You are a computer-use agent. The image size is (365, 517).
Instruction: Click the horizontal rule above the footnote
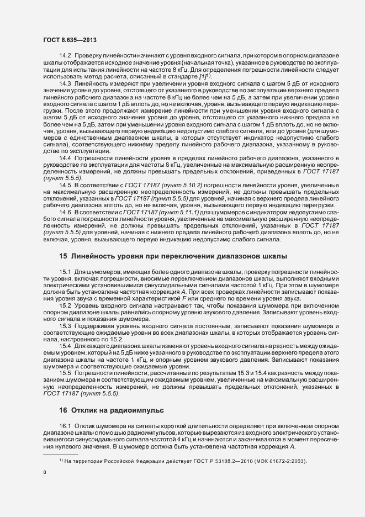[x=61, y=454]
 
